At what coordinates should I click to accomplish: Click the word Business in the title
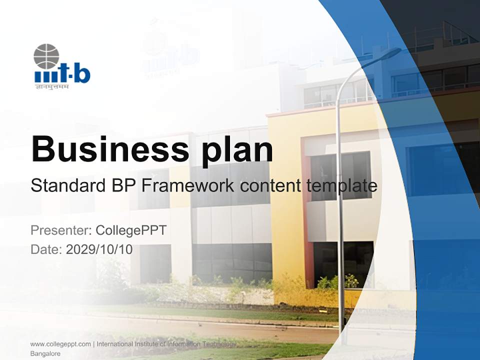click(x=110, y=149)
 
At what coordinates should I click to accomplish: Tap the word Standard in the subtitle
click(x=68, y=186)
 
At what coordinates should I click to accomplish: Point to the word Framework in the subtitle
click(x=187, y=186)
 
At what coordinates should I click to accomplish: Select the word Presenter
click(x=59, y=230)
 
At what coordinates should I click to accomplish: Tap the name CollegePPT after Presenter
click(x=131, y=230)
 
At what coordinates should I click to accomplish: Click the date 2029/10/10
click(x=99, y=249)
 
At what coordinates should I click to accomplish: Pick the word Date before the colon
click(x=44, y=249)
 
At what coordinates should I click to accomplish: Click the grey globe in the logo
click(x=46, y=56)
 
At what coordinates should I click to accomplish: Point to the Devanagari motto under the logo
click(x=52, y=87)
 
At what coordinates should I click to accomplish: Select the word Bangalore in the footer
click(x=45, y=353)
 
